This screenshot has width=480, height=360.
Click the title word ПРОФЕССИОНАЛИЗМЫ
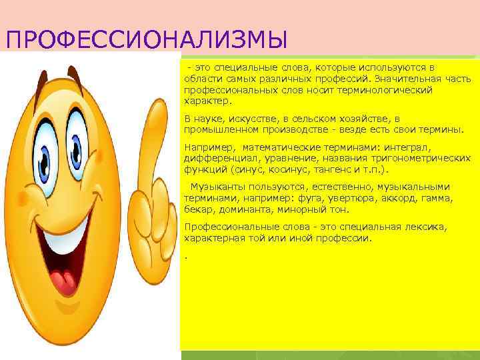[x=146, y=39]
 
